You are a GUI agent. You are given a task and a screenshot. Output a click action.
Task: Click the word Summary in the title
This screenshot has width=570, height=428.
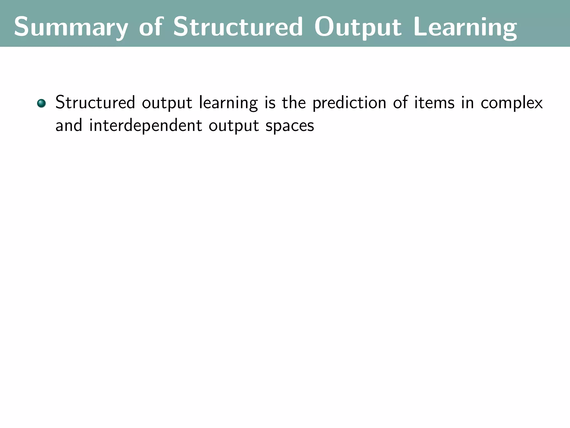pyautogui.click(x=71, y=27)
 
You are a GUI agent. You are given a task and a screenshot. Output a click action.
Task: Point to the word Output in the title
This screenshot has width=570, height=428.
pyautogui.click(x=358, y=27)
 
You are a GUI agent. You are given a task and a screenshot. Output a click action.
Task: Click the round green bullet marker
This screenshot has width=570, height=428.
pyautogui.click(x=41, y=103)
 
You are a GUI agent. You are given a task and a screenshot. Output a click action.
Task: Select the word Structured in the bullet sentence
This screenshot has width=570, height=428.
pyautogui.click(x=95, y=103)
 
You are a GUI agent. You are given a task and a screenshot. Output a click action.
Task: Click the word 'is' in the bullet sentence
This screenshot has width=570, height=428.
pyautogui.click(x=270, y=103)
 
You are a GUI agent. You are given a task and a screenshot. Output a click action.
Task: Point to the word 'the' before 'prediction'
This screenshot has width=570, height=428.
pyautogui.click(x=294, y=103)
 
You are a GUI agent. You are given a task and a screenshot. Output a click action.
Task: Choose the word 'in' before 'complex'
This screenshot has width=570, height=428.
pyautogui.click(x=468, y=103)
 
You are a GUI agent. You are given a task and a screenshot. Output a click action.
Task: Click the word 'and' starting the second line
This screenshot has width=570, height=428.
pyautogui.click(x=69, y=125)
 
